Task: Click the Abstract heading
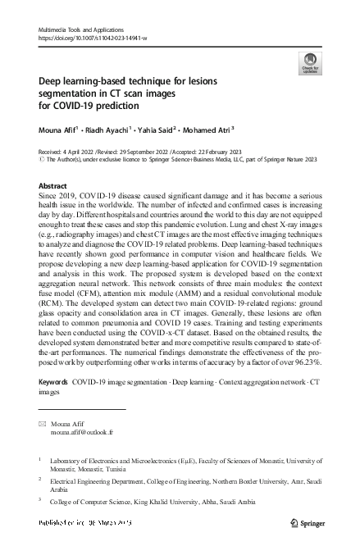pyautogui.click(x=53, y=186)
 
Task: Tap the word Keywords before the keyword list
pyautogui.click(x=53, y=383)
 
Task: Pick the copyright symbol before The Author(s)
pyautogui.click(x=42, y=162)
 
